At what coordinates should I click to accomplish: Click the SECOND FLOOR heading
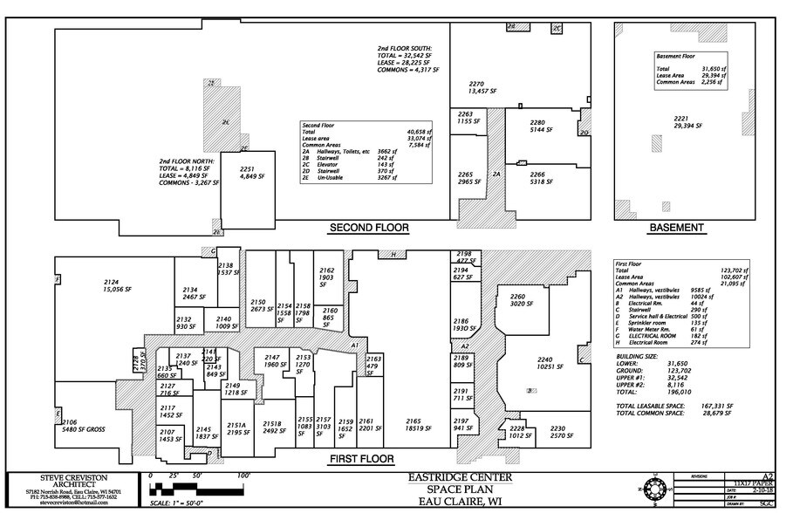point(368,229)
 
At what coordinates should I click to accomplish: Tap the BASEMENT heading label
point(676,229)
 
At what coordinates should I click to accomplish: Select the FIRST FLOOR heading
point(360,459)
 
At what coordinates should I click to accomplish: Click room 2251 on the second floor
point(247,173)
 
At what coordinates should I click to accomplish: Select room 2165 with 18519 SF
point(420,425)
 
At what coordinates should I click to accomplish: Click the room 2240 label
point(545,363)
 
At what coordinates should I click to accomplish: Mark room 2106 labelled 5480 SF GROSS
point(83,426)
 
